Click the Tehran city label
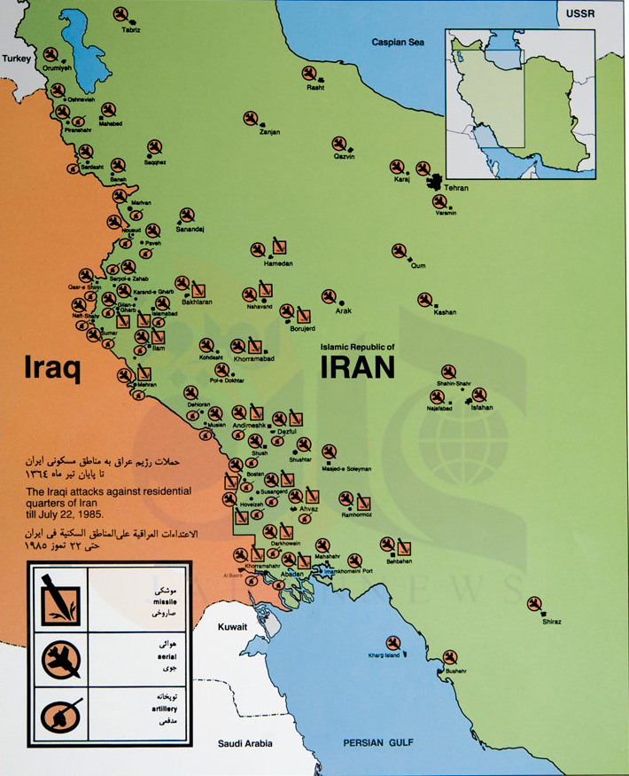point(457,188)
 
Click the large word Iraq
point(52,368)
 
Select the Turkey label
point(16,58)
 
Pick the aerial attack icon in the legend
point(61,657)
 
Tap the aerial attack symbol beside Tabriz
point(121,14)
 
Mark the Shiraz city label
point(552,622)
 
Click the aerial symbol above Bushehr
point(450,657)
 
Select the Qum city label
point(418,265)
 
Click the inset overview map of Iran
point(519,104)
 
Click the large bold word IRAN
point(357,366)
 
